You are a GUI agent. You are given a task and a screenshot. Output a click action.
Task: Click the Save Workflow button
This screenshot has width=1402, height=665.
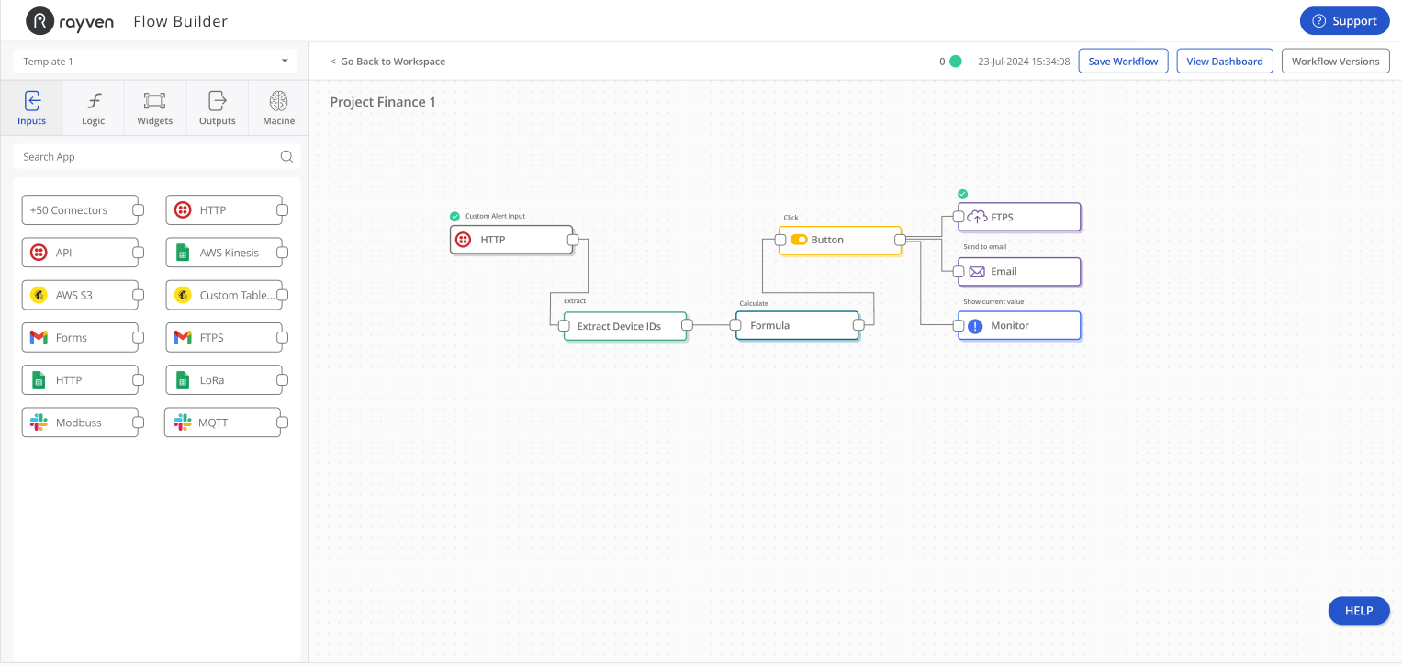pos(1123,61)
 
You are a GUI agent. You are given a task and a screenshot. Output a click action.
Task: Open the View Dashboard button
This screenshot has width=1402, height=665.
pos(1224,61)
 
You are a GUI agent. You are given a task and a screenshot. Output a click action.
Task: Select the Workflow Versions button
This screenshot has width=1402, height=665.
pos(1335,61)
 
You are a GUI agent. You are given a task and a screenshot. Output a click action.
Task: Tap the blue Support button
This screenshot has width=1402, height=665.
pos(1344,20)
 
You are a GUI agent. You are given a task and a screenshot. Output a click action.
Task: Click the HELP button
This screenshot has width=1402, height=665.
pos(1359,611)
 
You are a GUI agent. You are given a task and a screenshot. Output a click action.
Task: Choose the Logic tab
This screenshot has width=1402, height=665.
pos(94,107)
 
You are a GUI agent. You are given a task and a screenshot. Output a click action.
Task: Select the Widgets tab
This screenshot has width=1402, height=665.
pos(154,107)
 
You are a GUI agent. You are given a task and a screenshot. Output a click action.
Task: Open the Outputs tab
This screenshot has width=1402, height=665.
pos(218,107)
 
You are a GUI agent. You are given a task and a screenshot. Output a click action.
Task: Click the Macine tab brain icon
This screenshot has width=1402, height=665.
pos(278,100)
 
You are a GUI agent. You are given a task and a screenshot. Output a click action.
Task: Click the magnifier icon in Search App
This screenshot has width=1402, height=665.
pos(286,156)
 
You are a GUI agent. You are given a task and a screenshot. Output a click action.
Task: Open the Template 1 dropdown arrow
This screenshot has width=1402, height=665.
pos(285,61)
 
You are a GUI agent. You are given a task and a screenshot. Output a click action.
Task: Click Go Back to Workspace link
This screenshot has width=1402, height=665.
pos(387,62)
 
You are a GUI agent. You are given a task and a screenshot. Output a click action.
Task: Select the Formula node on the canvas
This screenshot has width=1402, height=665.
pos(797,326)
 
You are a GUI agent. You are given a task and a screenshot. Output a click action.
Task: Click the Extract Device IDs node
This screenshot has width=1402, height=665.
pos(625,326)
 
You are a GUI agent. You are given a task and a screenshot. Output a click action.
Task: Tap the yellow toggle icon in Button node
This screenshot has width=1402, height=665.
pos(799,240)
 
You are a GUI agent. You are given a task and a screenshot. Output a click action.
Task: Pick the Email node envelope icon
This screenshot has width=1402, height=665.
pos(976,272)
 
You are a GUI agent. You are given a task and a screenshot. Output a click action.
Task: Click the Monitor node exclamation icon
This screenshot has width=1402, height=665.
pos(975,326)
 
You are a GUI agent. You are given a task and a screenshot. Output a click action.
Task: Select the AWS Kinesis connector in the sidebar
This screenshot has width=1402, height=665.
pos(224,253)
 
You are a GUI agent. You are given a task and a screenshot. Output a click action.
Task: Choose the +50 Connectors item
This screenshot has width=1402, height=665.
pos(80,209)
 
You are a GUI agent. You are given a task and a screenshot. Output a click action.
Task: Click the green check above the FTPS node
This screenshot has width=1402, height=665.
pos(962,194)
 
